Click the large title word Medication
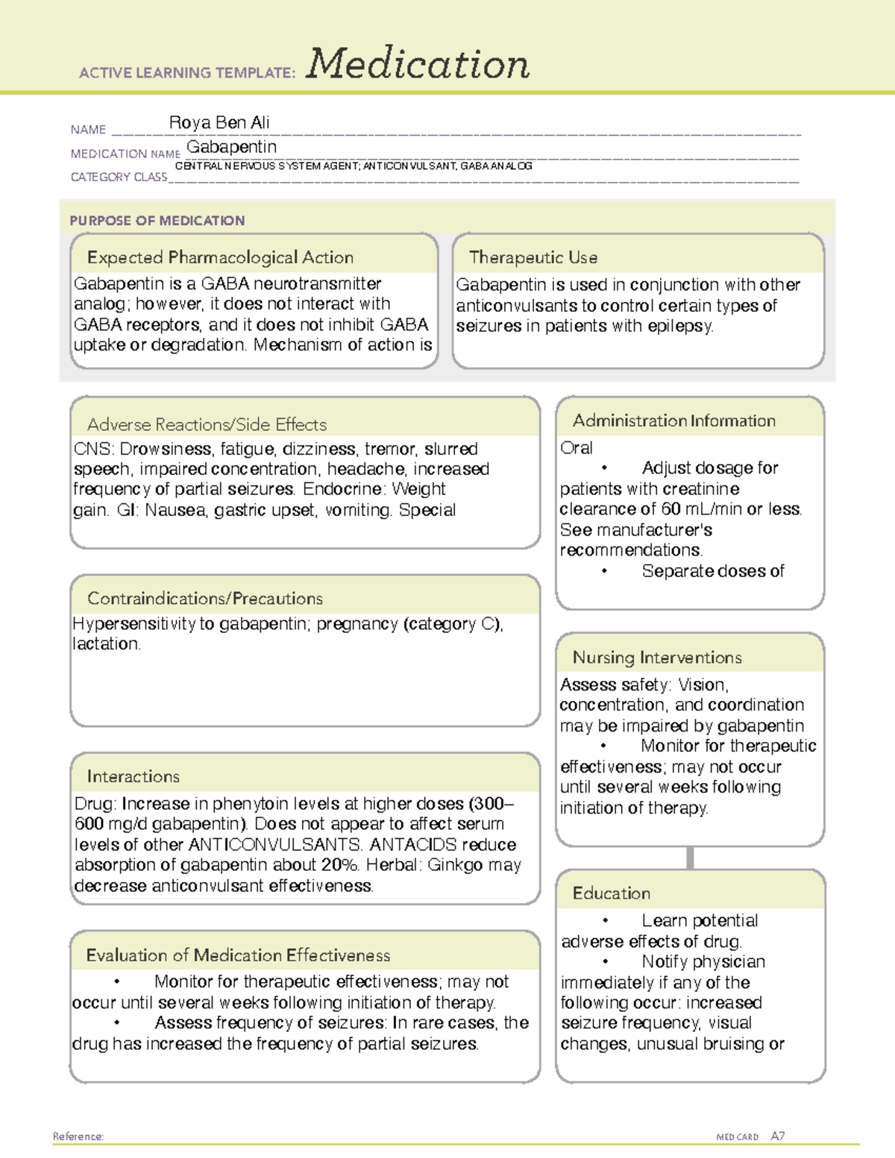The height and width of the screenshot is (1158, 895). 418,64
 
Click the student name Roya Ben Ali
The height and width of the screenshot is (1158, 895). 219,122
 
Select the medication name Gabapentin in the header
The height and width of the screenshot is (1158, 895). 231,147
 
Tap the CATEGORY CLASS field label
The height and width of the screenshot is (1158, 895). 119,177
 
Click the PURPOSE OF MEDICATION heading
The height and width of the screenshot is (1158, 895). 157,221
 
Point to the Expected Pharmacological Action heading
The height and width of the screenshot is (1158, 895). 220,258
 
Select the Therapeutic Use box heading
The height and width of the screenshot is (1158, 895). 533,258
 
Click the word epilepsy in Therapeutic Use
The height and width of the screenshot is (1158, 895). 680,327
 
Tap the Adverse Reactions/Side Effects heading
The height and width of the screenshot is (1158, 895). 207,425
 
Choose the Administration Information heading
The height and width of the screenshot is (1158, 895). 673,421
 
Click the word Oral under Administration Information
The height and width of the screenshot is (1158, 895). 577,448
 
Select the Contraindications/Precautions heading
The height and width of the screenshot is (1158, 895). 205,599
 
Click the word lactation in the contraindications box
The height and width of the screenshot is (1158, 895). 106,644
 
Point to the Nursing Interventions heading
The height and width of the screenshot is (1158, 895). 657,658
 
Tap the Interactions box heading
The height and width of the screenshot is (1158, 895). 134,777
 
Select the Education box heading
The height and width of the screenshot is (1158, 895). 612,893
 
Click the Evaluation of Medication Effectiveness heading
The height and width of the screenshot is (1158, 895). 238,956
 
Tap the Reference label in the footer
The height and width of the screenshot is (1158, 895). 78,1136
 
